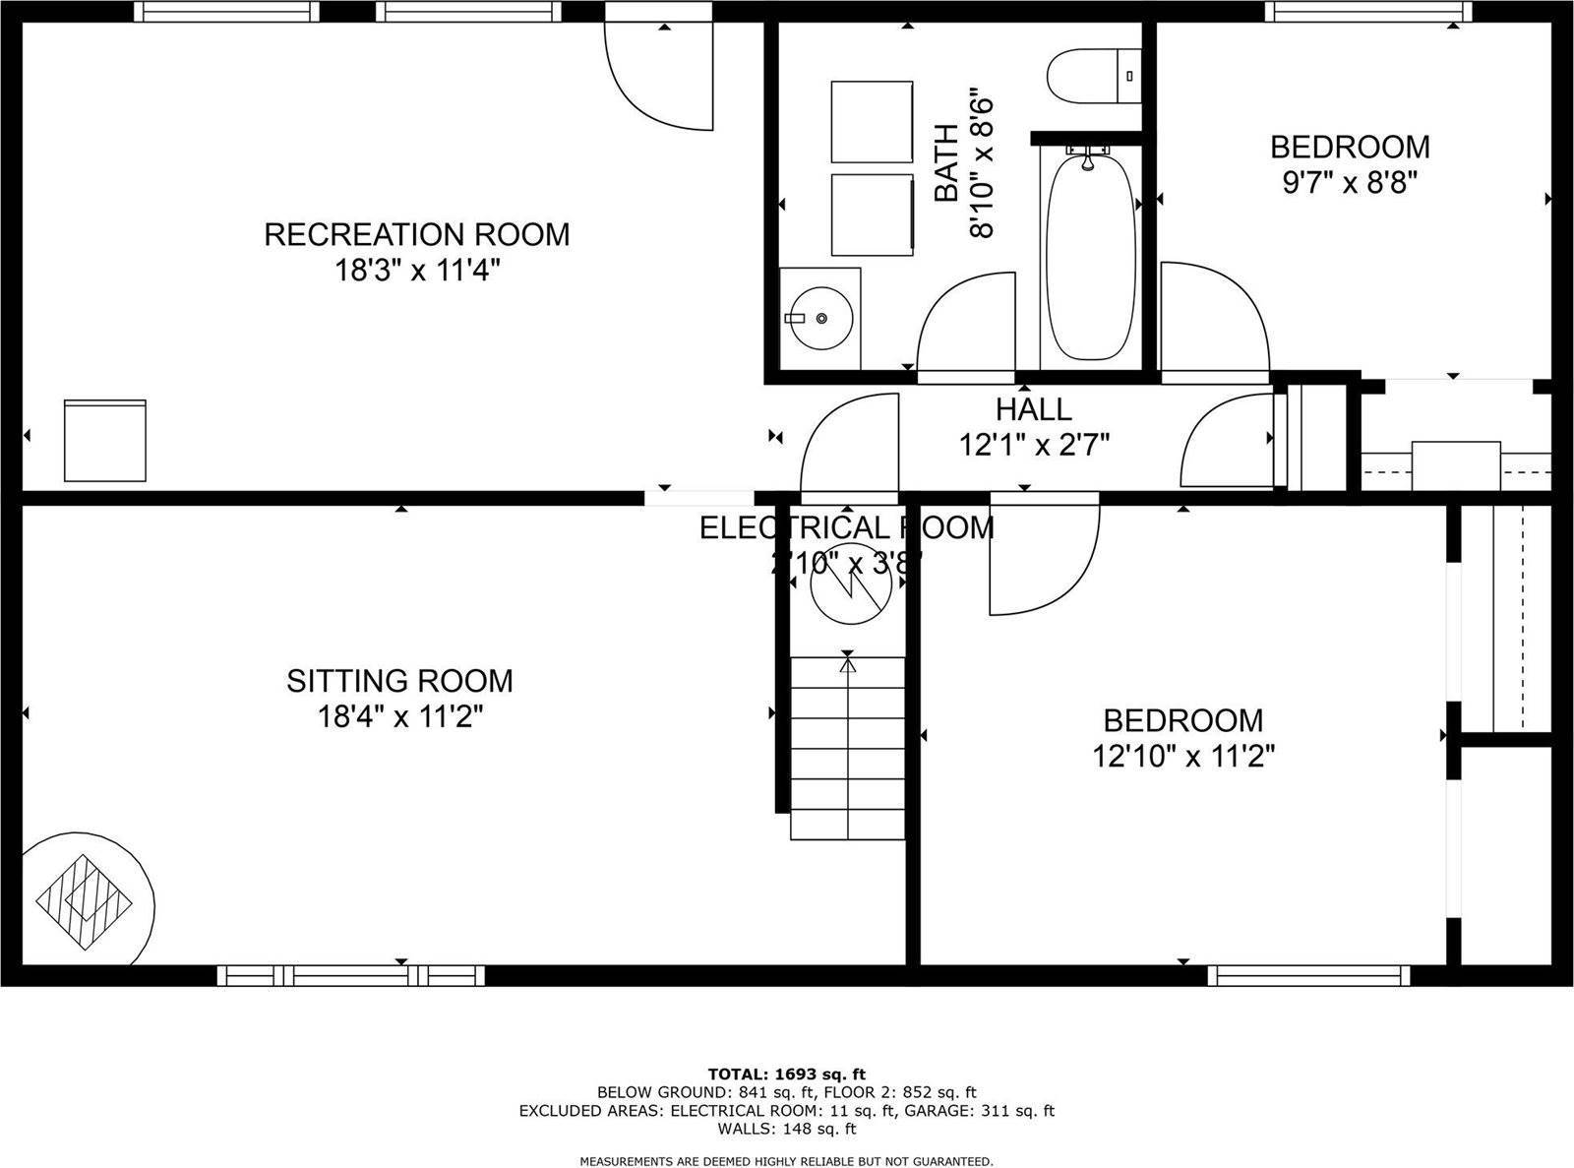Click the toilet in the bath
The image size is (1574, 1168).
point(1092,76)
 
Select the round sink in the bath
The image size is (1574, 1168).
point(820,318)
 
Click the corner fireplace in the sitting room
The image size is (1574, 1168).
point(85,898)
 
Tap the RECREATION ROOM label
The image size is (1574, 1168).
point(417,234)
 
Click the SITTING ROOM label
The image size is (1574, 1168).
point(399,681)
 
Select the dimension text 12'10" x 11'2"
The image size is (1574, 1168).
point(1183,757)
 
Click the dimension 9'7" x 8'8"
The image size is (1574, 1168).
point(1349,183)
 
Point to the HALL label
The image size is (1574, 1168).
point(1033,408)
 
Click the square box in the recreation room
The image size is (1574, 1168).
point(105,440)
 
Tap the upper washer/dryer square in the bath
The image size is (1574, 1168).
point(872,122)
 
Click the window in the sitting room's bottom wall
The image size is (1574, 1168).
point(350,975)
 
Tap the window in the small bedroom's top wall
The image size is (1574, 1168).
point(1368,11)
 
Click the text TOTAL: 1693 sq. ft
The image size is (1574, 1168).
point(786,1074)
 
